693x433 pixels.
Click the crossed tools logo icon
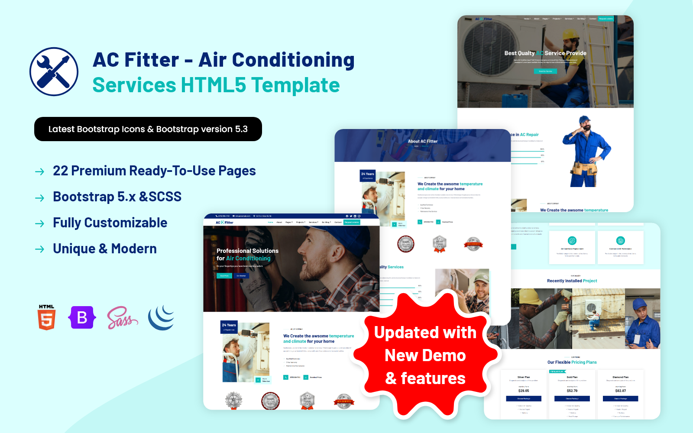(54, 71)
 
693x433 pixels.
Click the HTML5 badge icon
(47, 317)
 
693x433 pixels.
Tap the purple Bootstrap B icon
(82, 317)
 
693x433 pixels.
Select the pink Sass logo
(122, 318)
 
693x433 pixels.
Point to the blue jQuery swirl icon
(161, 317)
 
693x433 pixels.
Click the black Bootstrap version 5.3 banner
(148, 129)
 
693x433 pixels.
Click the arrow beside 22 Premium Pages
(39, 172)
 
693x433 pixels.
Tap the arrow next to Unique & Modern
(39, 249)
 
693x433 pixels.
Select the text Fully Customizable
(110, 223)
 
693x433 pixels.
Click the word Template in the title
(295, 85)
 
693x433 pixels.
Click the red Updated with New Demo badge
(425, 355)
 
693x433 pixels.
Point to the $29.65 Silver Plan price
(524, 391)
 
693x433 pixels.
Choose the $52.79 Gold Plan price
(572, 391)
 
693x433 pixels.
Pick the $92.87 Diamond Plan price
(621, 391)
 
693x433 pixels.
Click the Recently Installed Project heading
(572, 281)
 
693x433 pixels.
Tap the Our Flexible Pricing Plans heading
(572, 362)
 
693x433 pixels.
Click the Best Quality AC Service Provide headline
(545, 53)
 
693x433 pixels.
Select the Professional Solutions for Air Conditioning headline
(247, 255)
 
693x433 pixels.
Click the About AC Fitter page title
(423, 141)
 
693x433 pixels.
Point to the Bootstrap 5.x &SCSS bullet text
(117, 197)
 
